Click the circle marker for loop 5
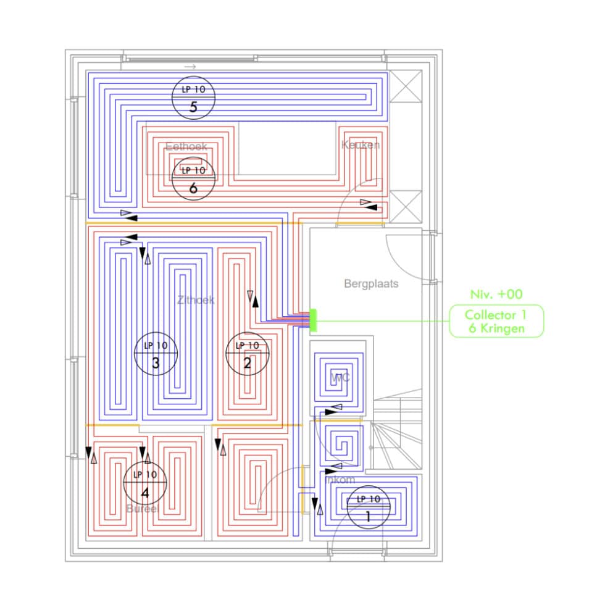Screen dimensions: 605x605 point(193,98)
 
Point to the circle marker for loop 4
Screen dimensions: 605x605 point(145,483)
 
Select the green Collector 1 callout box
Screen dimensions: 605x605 point(496,321)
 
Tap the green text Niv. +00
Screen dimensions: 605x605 point(496,294)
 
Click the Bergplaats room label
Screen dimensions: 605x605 point(371,284)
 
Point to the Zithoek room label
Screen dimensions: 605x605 point(196,300)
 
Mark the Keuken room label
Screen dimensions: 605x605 point(361,145)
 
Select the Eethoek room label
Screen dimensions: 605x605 point(186,147)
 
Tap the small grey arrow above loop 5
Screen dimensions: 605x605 point(190,66)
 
